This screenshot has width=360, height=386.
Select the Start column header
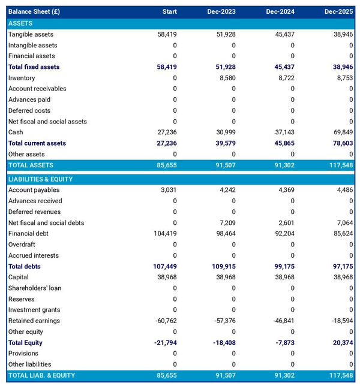(169, 12)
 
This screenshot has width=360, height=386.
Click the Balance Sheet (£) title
(34, 12)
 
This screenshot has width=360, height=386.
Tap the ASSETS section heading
(20, 23)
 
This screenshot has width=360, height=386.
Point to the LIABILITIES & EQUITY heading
(41, 179)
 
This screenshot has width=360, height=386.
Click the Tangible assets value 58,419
(166, 34)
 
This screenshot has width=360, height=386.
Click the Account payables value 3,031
(168, 190)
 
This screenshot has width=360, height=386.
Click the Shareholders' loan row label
(34, 288)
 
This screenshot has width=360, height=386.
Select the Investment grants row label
(34, 310)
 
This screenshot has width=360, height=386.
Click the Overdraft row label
(22, 245)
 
